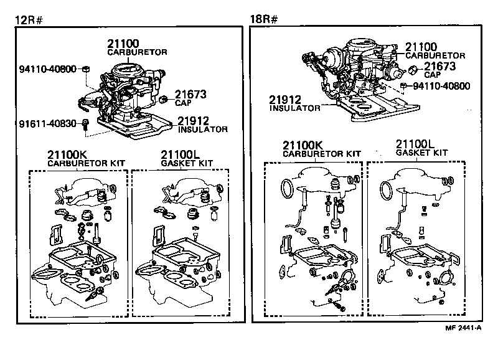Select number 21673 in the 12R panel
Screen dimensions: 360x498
click(190, 94)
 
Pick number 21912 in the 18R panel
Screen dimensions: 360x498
click(286, 99)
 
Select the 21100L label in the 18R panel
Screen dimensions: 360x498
click(418, 144)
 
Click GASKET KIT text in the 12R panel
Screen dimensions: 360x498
click(187, 163)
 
